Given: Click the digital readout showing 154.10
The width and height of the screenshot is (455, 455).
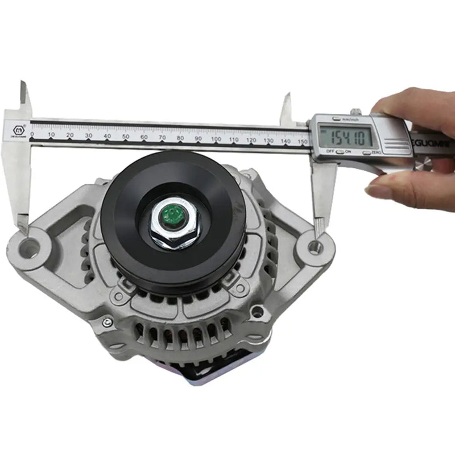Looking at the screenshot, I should coord(346,135).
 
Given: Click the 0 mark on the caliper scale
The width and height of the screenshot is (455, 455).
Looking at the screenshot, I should coord(32,135).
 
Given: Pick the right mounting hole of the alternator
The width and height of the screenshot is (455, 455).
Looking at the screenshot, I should coord(315,247).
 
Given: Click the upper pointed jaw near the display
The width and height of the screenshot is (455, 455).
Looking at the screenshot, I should coord(286,108).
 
